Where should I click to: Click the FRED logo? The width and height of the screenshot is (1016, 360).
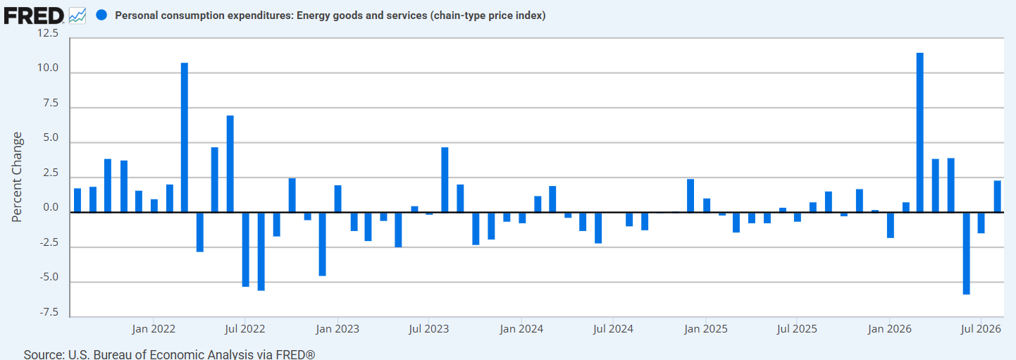click(34, 16)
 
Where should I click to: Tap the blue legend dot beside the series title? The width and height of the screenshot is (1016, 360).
click(101, 15)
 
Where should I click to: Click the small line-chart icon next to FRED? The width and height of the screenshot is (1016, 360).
click(78, 16)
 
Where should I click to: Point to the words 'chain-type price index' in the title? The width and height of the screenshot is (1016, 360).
click(488, 15)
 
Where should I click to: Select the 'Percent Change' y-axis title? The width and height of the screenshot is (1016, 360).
click(17, 177)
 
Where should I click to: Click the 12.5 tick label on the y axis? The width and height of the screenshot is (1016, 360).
click(48, 33)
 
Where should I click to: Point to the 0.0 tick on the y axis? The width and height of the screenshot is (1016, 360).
click(51, 208)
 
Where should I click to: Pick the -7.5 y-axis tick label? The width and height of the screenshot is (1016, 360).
click(49, 312)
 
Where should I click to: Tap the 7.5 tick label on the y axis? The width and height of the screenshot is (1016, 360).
click(51, 103)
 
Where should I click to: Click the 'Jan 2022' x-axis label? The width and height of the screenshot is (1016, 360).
click(154, 329)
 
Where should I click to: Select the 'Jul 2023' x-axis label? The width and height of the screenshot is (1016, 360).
click(428, 329)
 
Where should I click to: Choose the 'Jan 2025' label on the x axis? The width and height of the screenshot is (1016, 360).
click(706, 329)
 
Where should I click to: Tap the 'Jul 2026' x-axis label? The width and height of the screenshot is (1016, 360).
click(981, 329)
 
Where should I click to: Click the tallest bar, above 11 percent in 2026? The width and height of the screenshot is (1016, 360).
click(920, 132)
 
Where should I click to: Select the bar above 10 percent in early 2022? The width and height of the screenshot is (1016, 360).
click(184, 137)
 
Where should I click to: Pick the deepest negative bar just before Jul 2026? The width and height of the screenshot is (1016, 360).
click(966, 254)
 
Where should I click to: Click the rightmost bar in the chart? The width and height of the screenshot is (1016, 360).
click(997, 197)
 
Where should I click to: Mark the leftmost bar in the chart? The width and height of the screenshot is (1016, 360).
click(77, 200)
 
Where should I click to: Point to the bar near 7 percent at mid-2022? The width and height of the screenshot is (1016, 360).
click(230, 163)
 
